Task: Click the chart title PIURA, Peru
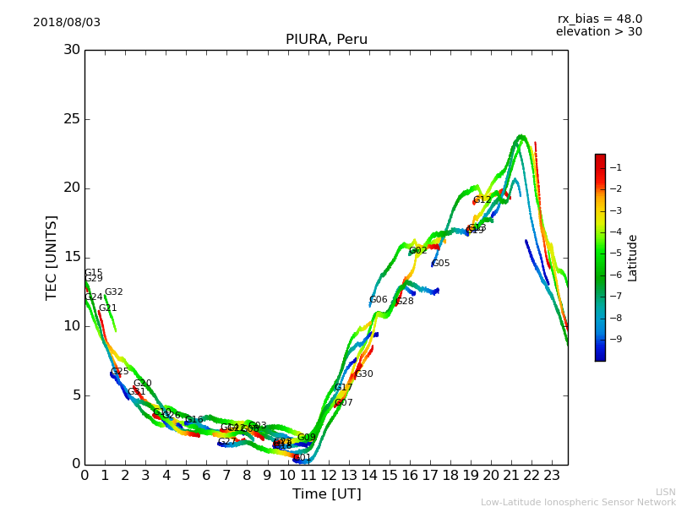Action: (326, 40)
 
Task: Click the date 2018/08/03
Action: (67, 22)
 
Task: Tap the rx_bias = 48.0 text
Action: (599, 19)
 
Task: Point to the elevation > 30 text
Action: (598, 32)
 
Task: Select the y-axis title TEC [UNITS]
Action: (52, 257)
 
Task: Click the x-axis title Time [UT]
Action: (326, 494)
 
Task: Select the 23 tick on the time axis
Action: (551, 476)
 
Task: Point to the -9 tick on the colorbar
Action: (613, 339)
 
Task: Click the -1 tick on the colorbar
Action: (613, 167)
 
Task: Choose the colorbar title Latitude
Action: (633, 257)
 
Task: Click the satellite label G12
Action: (482, 200)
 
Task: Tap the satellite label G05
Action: (440, 264)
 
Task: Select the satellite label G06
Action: (378, 300)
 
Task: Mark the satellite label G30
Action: (363, 374)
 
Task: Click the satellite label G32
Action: (113, 292)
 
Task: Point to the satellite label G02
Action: (417, 251)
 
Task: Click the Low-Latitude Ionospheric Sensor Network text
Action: (578, 502)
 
